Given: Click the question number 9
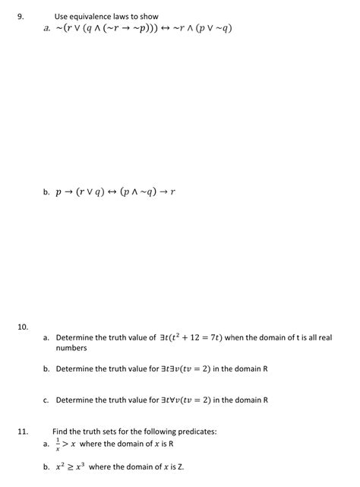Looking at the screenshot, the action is click(x=20, y=15).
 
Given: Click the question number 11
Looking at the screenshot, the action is click(x=22, y=431).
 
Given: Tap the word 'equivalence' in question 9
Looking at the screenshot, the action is click(x=95, y=16).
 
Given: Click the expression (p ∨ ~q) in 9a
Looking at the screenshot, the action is click(x=211, y=29).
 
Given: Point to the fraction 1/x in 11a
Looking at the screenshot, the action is click(x=58, y=444).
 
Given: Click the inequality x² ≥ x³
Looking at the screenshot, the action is click(x=69, y=466).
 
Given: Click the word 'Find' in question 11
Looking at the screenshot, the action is click(x=61, y=431).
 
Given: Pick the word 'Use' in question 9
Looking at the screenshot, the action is click(x=62, y=16).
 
